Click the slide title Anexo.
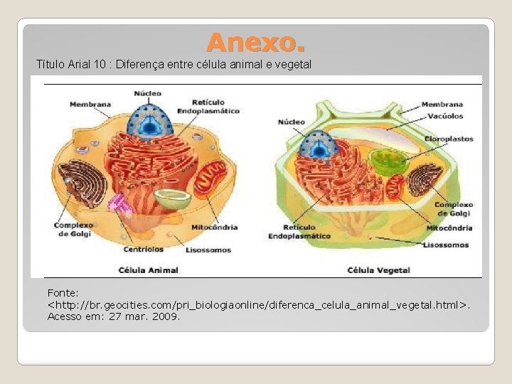click(x=256, y=44)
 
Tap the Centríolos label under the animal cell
click(x=143, y=250)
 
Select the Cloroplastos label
click(x=449, y=139)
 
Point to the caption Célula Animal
click(x=149, y=270)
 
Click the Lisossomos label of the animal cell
click(x=208, y=250)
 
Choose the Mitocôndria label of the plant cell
click(x=449, y=228)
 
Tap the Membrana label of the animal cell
click(x=90, y=105)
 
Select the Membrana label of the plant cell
click(x=442, y=105)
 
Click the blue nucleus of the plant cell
click(x=313, y=146)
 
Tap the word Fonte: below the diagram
click(x=63, y=293)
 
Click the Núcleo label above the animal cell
click(x=148, y=93)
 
